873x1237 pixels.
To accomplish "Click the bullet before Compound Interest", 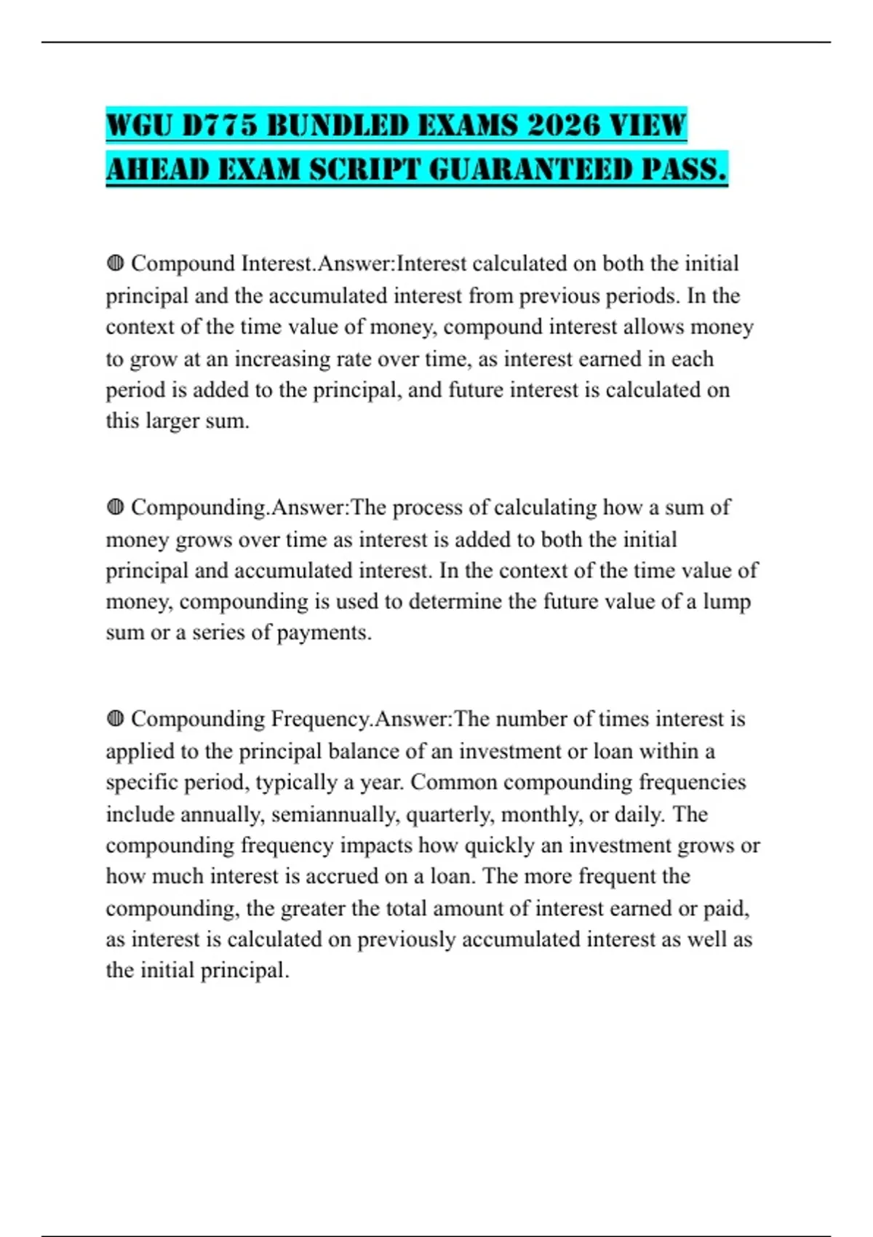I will (x=115, y=263).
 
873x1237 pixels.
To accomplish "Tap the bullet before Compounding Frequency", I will (x=115, y=719).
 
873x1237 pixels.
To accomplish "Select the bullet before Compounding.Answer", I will (x=115, y=506).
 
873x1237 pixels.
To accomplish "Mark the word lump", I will (x=727, y=602).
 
